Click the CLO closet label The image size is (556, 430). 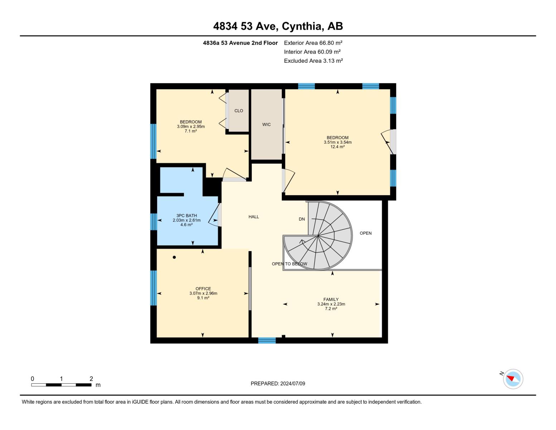coord(238,111)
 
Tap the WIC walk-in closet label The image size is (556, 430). coord(266,125)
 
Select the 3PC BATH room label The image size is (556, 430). coord(187,216)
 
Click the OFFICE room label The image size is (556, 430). coord(203,288)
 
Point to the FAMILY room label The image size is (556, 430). coord(331,299)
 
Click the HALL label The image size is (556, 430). coord(253,217)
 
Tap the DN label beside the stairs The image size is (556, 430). coord(302,219)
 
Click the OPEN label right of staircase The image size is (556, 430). coord(366,233)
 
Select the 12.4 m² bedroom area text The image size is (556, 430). coord(337,147)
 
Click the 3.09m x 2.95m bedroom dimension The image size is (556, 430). coord(191,126)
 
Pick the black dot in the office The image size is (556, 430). coord(174,257)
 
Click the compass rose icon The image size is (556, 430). coord(513,379)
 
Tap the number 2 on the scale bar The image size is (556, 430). coord(91,379)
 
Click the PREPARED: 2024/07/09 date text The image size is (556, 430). coord(278,383)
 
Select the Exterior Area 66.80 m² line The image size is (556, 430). coord(313,43)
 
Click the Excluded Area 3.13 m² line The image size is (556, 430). coord(313,61)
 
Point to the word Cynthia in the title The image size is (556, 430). coord(301,26)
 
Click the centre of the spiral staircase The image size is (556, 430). coord(318,236)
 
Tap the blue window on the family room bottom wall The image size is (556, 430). coord(267,340)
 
